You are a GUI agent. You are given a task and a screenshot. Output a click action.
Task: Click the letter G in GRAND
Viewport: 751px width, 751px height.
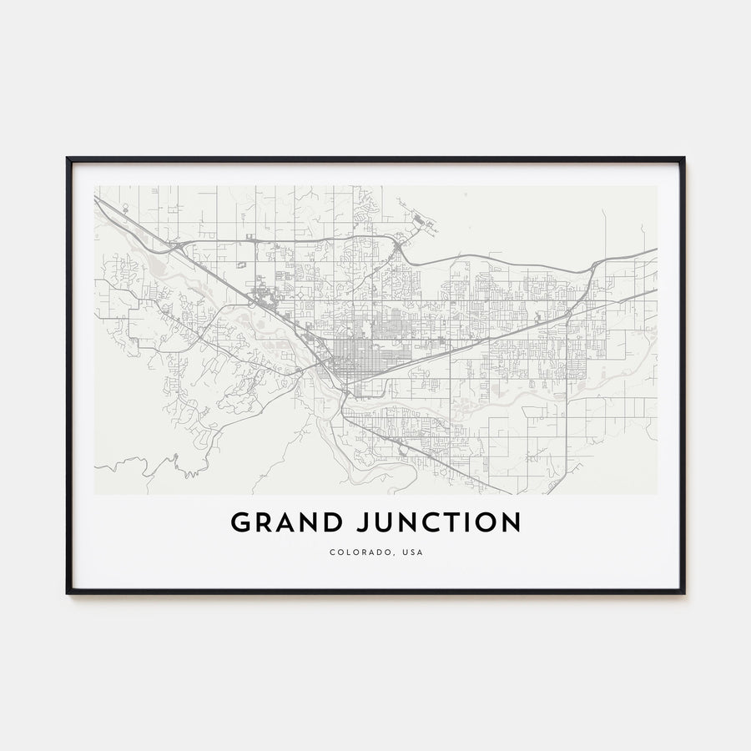point(241,523)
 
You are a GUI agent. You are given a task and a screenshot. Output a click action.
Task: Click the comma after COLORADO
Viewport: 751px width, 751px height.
point(387,554)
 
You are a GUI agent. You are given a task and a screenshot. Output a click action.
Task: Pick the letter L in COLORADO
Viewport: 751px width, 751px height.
point(345,552)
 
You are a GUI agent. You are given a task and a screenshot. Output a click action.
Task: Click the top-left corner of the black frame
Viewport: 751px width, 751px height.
point(68,158)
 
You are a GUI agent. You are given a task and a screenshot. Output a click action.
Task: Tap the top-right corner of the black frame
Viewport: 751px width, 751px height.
point(683,158)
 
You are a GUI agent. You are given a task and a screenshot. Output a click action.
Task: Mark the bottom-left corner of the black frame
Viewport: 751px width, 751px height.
point(68,592)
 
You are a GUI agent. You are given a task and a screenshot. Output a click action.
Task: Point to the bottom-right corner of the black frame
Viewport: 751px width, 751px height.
point(683,592)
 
